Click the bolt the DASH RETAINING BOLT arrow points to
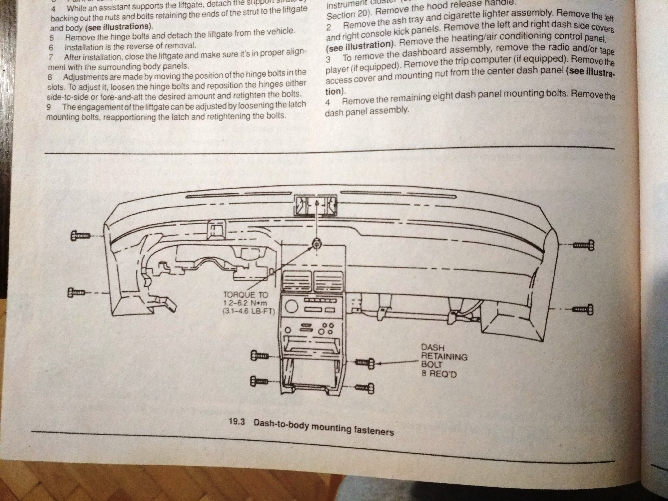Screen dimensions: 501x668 click(365, 363)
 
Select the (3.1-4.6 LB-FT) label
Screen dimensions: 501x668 click(248, 311)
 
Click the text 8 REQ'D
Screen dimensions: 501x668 click(439, 374)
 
